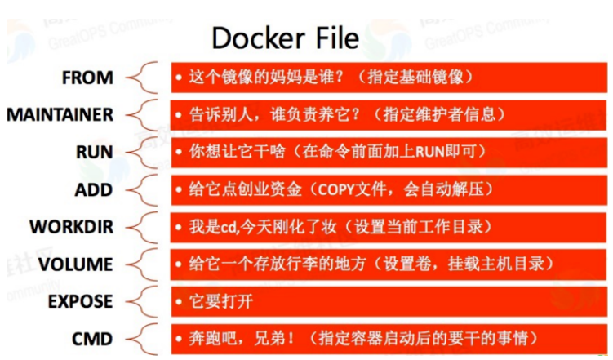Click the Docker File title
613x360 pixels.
pos(285,38)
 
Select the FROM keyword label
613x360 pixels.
pos(87,78)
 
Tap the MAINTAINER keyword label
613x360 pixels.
pos(60,115)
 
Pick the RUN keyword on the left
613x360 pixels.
pos(94,153)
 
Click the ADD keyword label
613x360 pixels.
pos(93,189)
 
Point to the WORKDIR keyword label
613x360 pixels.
pos(71,226)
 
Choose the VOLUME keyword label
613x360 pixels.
pos(74,264)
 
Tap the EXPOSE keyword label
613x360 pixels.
pos(80,300)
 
